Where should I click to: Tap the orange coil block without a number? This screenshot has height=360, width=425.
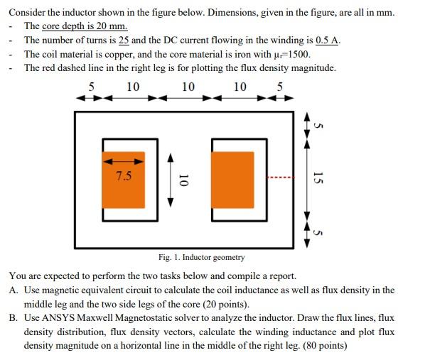tap(232, 180)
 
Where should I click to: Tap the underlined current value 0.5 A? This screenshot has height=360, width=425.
tap(324, 40)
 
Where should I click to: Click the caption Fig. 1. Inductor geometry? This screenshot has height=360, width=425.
tap(202, 257)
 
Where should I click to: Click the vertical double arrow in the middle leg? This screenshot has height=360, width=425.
tap(169, 180)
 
